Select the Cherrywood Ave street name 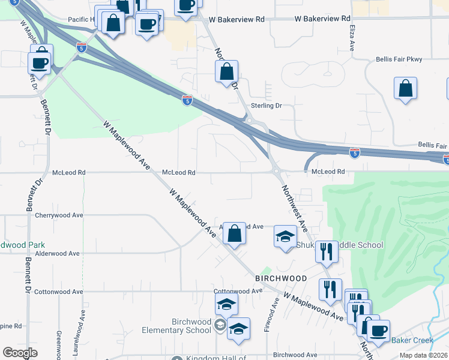[x=58, y=215]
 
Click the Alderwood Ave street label [x=58, y=254]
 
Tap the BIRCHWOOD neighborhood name [x=281, y=279]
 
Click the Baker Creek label [x=411, y=340]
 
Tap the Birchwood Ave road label [x=294, y=355]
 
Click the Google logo [x=20, y=353]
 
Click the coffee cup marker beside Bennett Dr [x=40, y=63]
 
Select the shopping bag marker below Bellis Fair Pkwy [x=406, y=88]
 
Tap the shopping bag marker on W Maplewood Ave [x=235, y=233]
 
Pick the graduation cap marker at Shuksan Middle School [x=286, y=236]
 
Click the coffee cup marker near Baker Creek [x=378, y=331]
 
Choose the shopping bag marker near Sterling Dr [x=227, y=72]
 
